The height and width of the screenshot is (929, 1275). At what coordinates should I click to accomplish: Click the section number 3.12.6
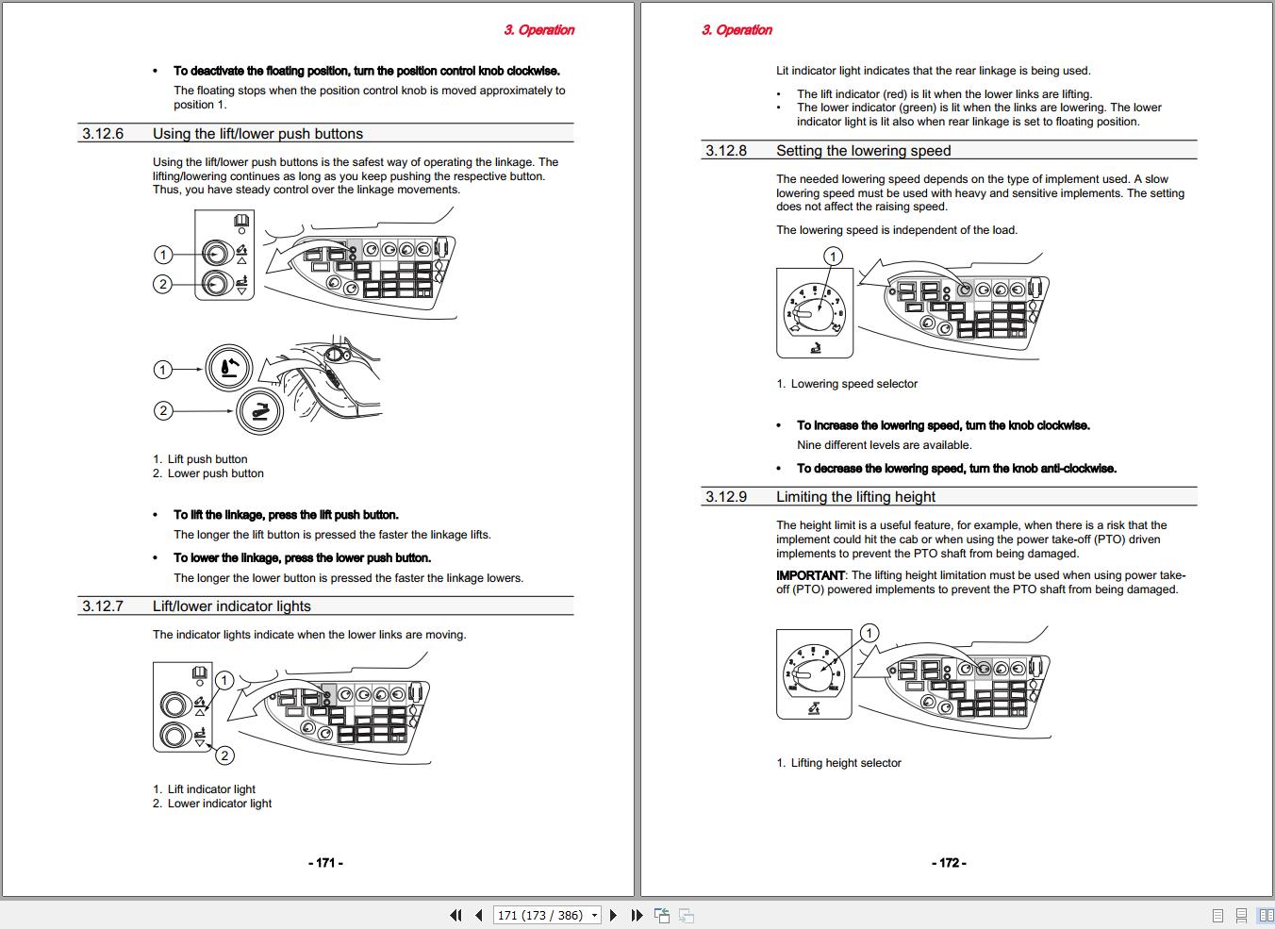[103, 134]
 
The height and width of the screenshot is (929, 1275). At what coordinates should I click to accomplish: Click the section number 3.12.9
[726, 497]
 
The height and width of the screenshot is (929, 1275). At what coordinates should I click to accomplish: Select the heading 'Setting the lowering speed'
[864, 151]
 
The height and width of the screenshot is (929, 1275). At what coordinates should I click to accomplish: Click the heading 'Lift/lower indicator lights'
[232, 606]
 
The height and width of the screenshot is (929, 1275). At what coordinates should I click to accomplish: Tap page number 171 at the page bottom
[325, 863]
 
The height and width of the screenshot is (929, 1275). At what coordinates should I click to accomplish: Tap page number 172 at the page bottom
[949, 863]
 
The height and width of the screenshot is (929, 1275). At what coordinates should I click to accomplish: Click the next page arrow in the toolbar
[613, 916]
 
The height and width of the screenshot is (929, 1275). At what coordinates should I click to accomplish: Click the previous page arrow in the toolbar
[479, 916]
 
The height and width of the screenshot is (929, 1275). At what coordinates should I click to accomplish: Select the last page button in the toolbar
[637, 916]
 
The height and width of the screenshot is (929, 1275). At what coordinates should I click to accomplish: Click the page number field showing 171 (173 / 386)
[540, 916]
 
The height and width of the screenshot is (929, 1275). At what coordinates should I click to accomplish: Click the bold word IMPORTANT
[810, 575]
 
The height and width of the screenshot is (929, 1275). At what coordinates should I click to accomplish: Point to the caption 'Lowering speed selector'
[853, 384]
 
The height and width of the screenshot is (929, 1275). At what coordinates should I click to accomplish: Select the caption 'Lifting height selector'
[846, 763]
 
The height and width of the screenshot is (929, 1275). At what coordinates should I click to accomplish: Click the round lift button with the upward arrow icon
[229, 368]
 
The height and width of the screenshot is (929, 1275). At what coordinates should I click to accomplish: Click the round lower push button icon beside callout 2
[259, 411]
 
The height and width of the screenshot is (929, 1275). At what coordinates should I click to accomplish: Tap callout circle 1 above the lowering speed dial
[833, 257]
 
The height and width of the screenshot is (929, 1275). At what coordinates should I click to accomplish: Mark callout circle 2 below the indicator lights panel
[224, 755]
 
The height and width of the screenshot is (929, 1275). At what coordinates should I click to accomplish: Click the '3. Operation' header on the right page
[737, 29]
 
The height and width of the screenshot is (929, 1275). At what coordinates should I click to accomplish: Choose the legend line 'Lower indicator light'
[219, 804]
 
